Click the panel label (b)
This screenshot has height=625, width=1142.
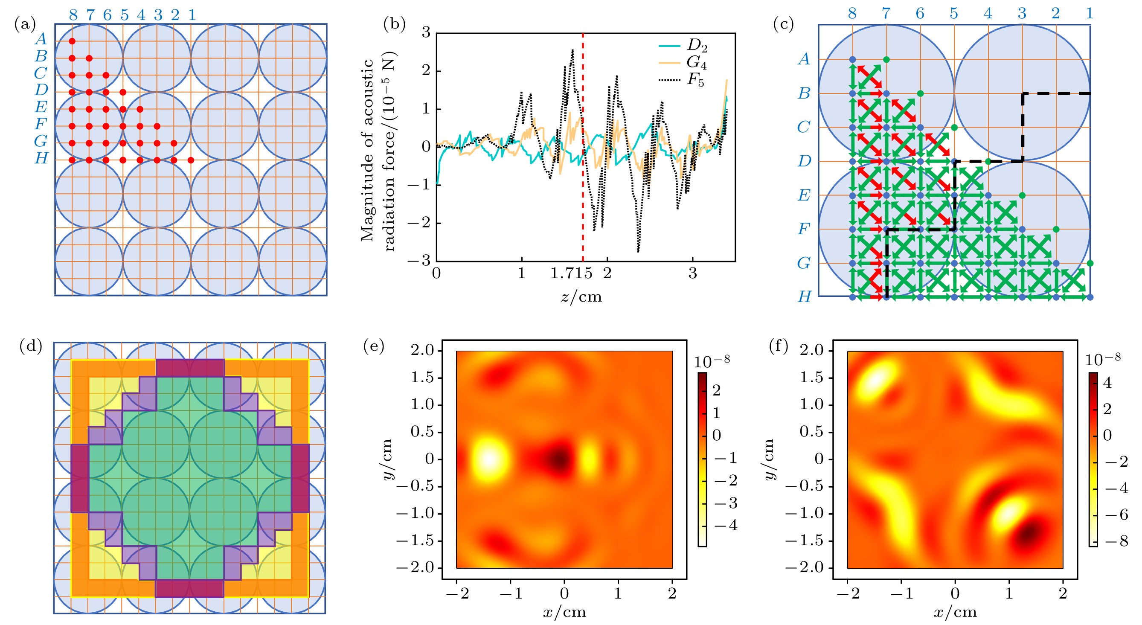click(394, 24)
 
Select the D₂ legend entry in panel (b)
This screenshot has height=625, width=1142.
click(697, 45)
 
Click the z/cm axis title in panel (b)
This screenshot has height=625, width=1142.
click(581, 296)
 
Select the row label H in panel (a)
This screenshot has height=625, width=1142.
click(41, 158)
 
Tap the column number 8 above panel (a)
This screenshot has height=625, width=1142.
click(73, 15)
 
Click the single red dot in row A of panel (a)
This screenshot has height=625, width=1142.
click(72, 41)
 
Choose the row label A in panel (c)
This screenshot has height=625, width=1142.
click(804, 59)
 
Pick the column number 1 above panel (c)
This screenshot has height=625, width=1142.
click(1089, 13)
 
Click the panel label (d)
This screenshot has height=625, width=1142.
click(31, 346)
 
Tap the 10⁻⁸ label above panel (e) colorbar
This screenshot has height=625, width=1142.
click(712, 362)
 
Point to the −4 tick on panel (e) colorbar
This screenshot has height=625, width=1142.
click(726, 525)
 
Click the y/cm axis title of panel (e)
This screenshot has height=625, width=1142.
click(387, 459)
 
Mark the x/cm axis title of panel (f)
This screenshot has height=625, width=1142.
click(955, 613)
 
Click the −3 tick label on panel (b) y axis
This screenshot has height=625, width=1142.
click(419, 261)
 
